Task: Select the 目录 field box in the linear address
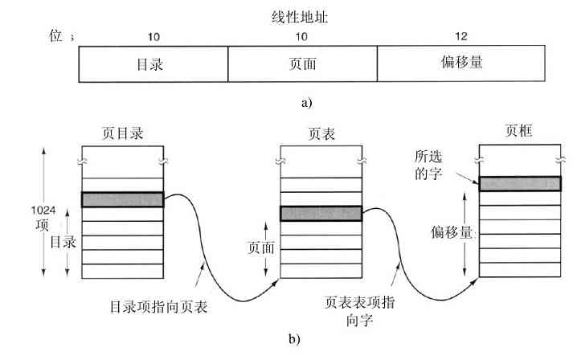(x=153, y=64)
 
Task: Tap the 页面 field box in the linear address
(x=302, y=64)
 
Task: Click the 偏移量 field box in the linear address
(x=461, y=64)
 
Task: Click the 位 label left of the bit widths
(x=55, y=37)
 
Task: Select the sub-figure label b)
(x=294, y=338)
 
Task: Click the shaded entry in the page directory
(x=122, y=199)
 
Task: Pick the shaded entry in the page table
(x=321, y=213)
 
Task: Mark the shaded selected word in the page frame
(x=518, y=183)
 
